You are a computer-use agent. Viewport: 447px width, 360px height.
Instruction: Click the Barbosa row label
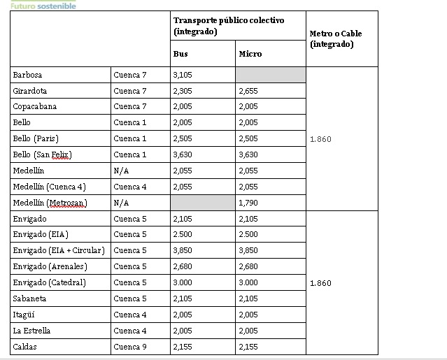[27, 75]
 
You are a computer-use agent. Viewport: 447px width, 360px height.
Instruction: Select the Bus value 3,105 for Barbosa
[183, 75]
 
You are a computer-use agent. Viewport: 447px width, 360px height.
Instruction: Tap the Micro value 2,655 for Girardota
[248, 91]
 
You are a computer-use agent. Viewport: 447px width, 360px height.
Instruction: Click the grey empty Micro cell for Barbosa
[270, 75]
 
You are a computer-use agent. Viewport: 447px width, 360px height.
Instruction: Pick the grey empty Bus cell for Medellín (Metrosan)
[203, 203]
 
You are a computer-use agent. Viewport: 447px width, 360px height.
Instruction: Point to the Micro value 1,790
[248, 203]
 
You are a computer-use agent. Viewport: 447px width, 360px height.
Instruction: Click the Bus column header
[180, 53]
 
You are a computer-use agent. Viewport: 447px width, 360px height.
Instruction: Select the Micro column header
[250, 53]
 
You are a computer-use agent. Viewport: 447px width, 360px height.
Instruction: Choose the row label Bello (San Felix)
[42, 154]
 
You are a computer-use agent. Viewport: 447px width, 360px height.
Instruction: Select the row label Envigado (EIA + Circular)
[58, 250]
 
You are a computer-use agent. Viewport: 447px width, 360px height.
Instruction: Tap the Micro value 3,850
[248, 250]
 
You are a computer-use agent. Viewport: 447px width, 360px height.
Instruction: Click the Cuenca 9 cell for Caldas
[129, 346]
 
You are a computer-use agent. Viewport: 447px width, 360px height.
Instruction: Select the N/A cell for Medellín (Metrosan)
[121, 203]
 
